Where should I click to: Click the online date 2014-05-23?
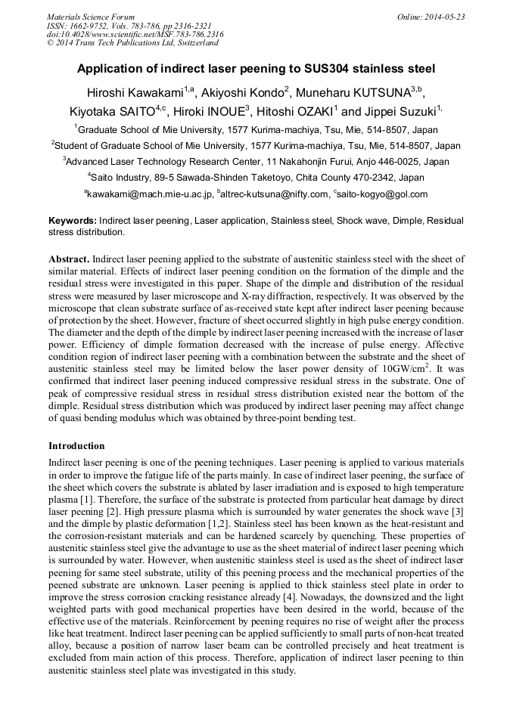(x=443, y=17)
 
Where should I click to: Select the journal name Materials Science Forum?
(x=91, y=17)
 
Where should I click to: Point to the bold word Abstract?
(x=69, y=259)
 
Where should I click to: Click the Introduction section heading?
(x=76, y=446)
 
